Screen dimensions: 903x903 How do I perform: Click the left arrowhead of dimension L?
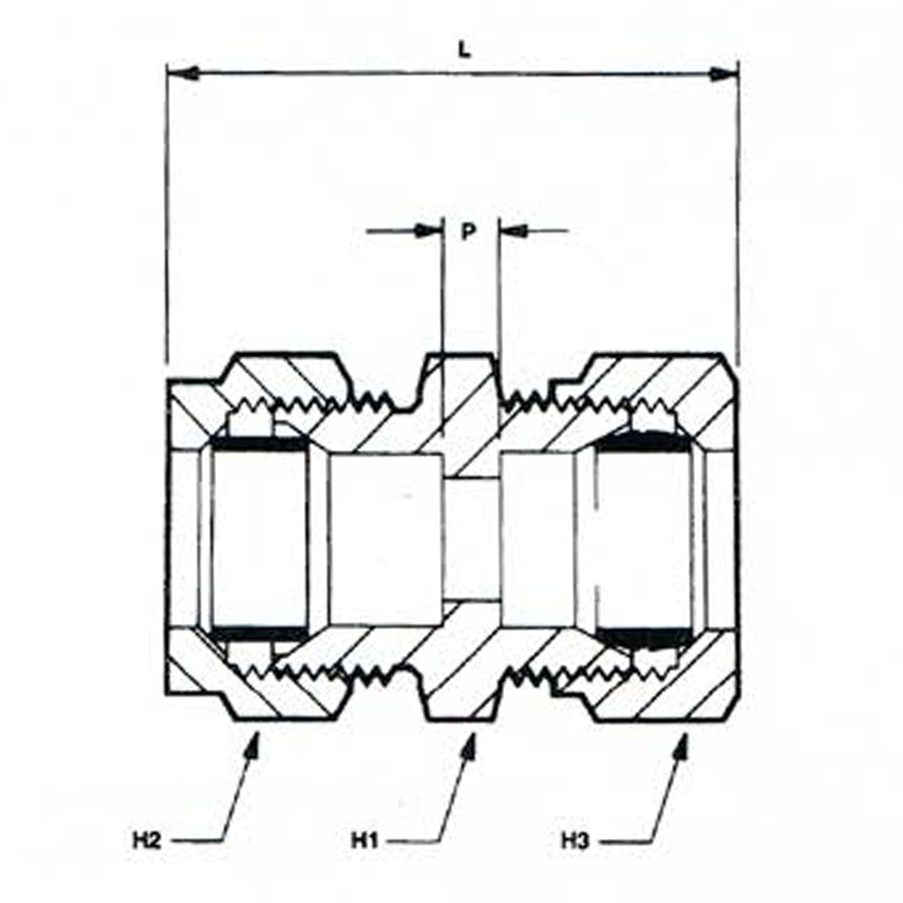coord(179,74)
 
